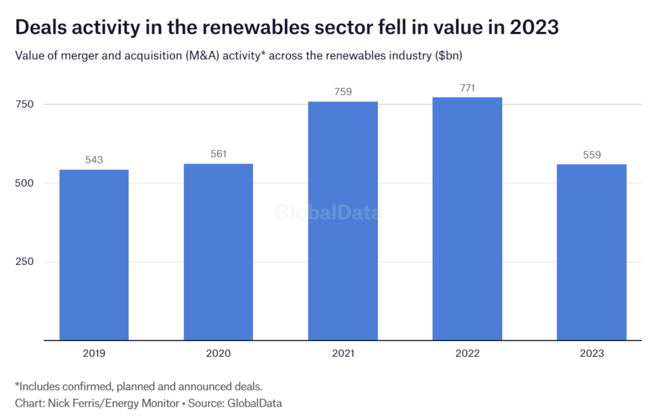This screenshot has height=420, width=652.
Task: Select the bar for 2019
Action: point(94,255)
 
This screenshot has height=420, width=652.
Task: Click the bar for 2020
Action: point(218,252)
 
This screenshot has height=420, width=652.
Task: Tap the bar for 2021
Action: point(343,221)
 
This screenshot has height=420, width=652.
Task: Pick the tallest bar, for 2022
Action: point(467,218)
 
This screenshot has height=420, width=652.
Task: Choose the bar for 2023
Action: point(592,252)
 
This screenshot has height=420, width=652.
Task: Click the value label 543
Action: point(94,160)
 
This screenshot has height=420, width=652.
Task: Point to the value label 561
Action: point(218,154)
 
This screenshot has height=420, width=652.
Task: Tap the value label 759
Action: point(343,92)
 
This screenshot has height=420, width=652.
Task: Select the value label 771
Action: point(467,87)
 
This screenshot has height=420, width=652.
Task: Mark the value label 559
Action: point(592,154)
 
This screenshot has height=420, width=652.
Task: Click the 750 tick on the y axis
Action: point(24,104)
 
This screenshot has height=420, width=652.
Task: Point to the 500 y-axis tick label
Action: point(24,183)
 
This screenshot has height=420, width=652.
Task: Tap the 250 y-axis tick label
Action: point(24,261)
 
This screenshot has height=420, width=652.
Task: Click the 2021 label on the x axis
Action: point(343,353)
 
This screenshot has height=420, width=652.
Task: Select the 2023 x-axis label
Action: point(592,353)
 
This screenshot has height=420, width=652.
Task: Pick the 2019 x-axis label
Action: point(94,353)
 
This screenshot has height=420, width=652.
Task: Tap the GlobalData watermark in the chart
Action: point(327,213)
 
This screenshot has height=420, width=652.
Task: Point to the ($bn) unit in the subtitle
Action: point(447,56)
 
